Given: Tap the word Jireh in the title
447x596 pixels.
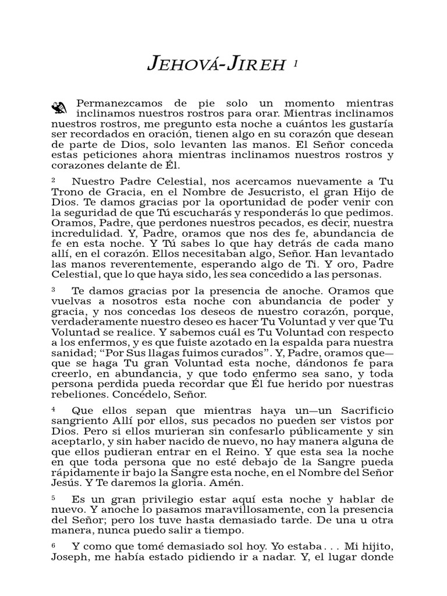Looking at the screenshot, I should pyautogui.click(x=253, y=65).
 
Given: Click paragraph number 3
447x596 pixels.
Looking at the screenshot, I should pyautogui.click(x=54, y=290).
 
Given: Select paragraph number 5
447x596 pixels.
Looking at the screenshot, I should pyautogui.click(x=54, y=498).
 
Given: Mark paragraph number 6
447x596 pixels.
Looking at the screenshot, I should pyautogui.click(x=54, y=545).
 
